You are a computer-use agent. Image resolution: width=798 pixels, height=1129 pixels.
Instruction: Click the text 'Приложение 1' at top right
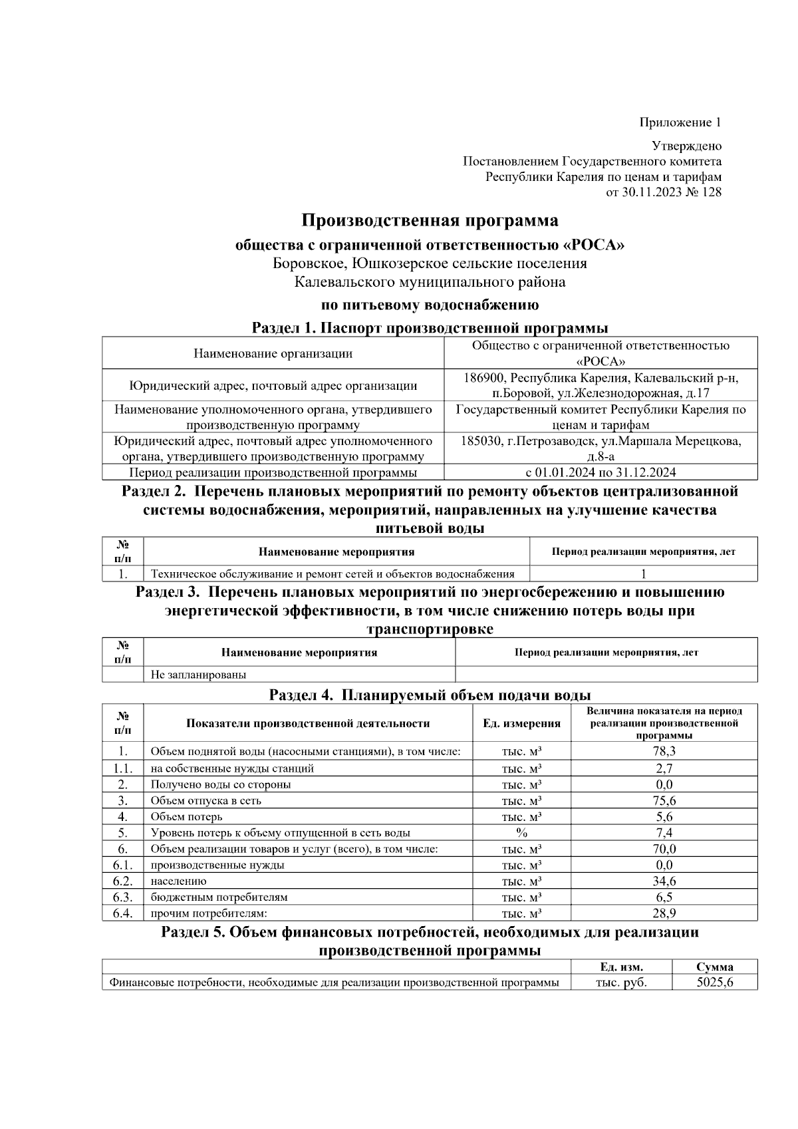point(680,122)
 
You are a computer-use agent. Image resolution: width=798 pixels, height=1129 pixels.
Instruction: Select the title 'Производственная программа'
point(430,220)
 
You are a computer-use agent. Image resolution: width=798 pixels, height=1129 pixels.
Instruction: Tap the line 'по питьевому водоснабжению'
point(430,305)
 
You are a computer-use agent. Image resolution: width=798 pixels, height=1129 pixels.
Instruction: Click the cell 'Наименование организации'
point(273,353)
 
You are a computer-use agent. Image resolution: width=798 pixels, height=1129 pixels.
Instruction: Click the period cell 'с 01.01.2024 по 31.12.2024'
point(600,472)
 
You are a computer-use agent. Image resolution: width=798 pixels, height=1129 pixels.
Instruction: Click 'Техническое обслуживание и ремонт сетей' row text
point(332,574)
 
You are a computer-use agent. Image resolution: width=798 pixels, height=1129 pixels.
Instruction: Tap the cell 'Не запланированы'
point(198,675)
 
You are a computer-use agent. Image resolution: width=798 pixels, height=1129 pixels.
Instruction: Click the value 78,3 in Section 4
point(664,752)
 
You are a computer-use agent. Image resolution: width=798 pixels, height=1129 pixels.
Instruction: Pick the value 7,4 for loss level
point(664,833)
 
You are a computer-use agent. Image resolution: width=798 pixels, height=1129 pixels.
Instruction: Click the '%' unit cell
point(521,833)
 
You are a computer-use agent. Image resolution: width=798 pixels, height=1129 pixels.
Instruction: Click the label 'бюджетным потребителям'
point(219,897)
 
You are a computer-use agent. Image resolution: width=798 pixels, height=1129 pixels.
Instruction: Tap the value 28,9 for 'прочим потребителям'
point(664,913)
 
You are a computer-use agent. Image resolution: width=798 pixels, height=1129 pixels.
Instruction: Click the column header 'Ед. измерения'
point(521,723)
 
